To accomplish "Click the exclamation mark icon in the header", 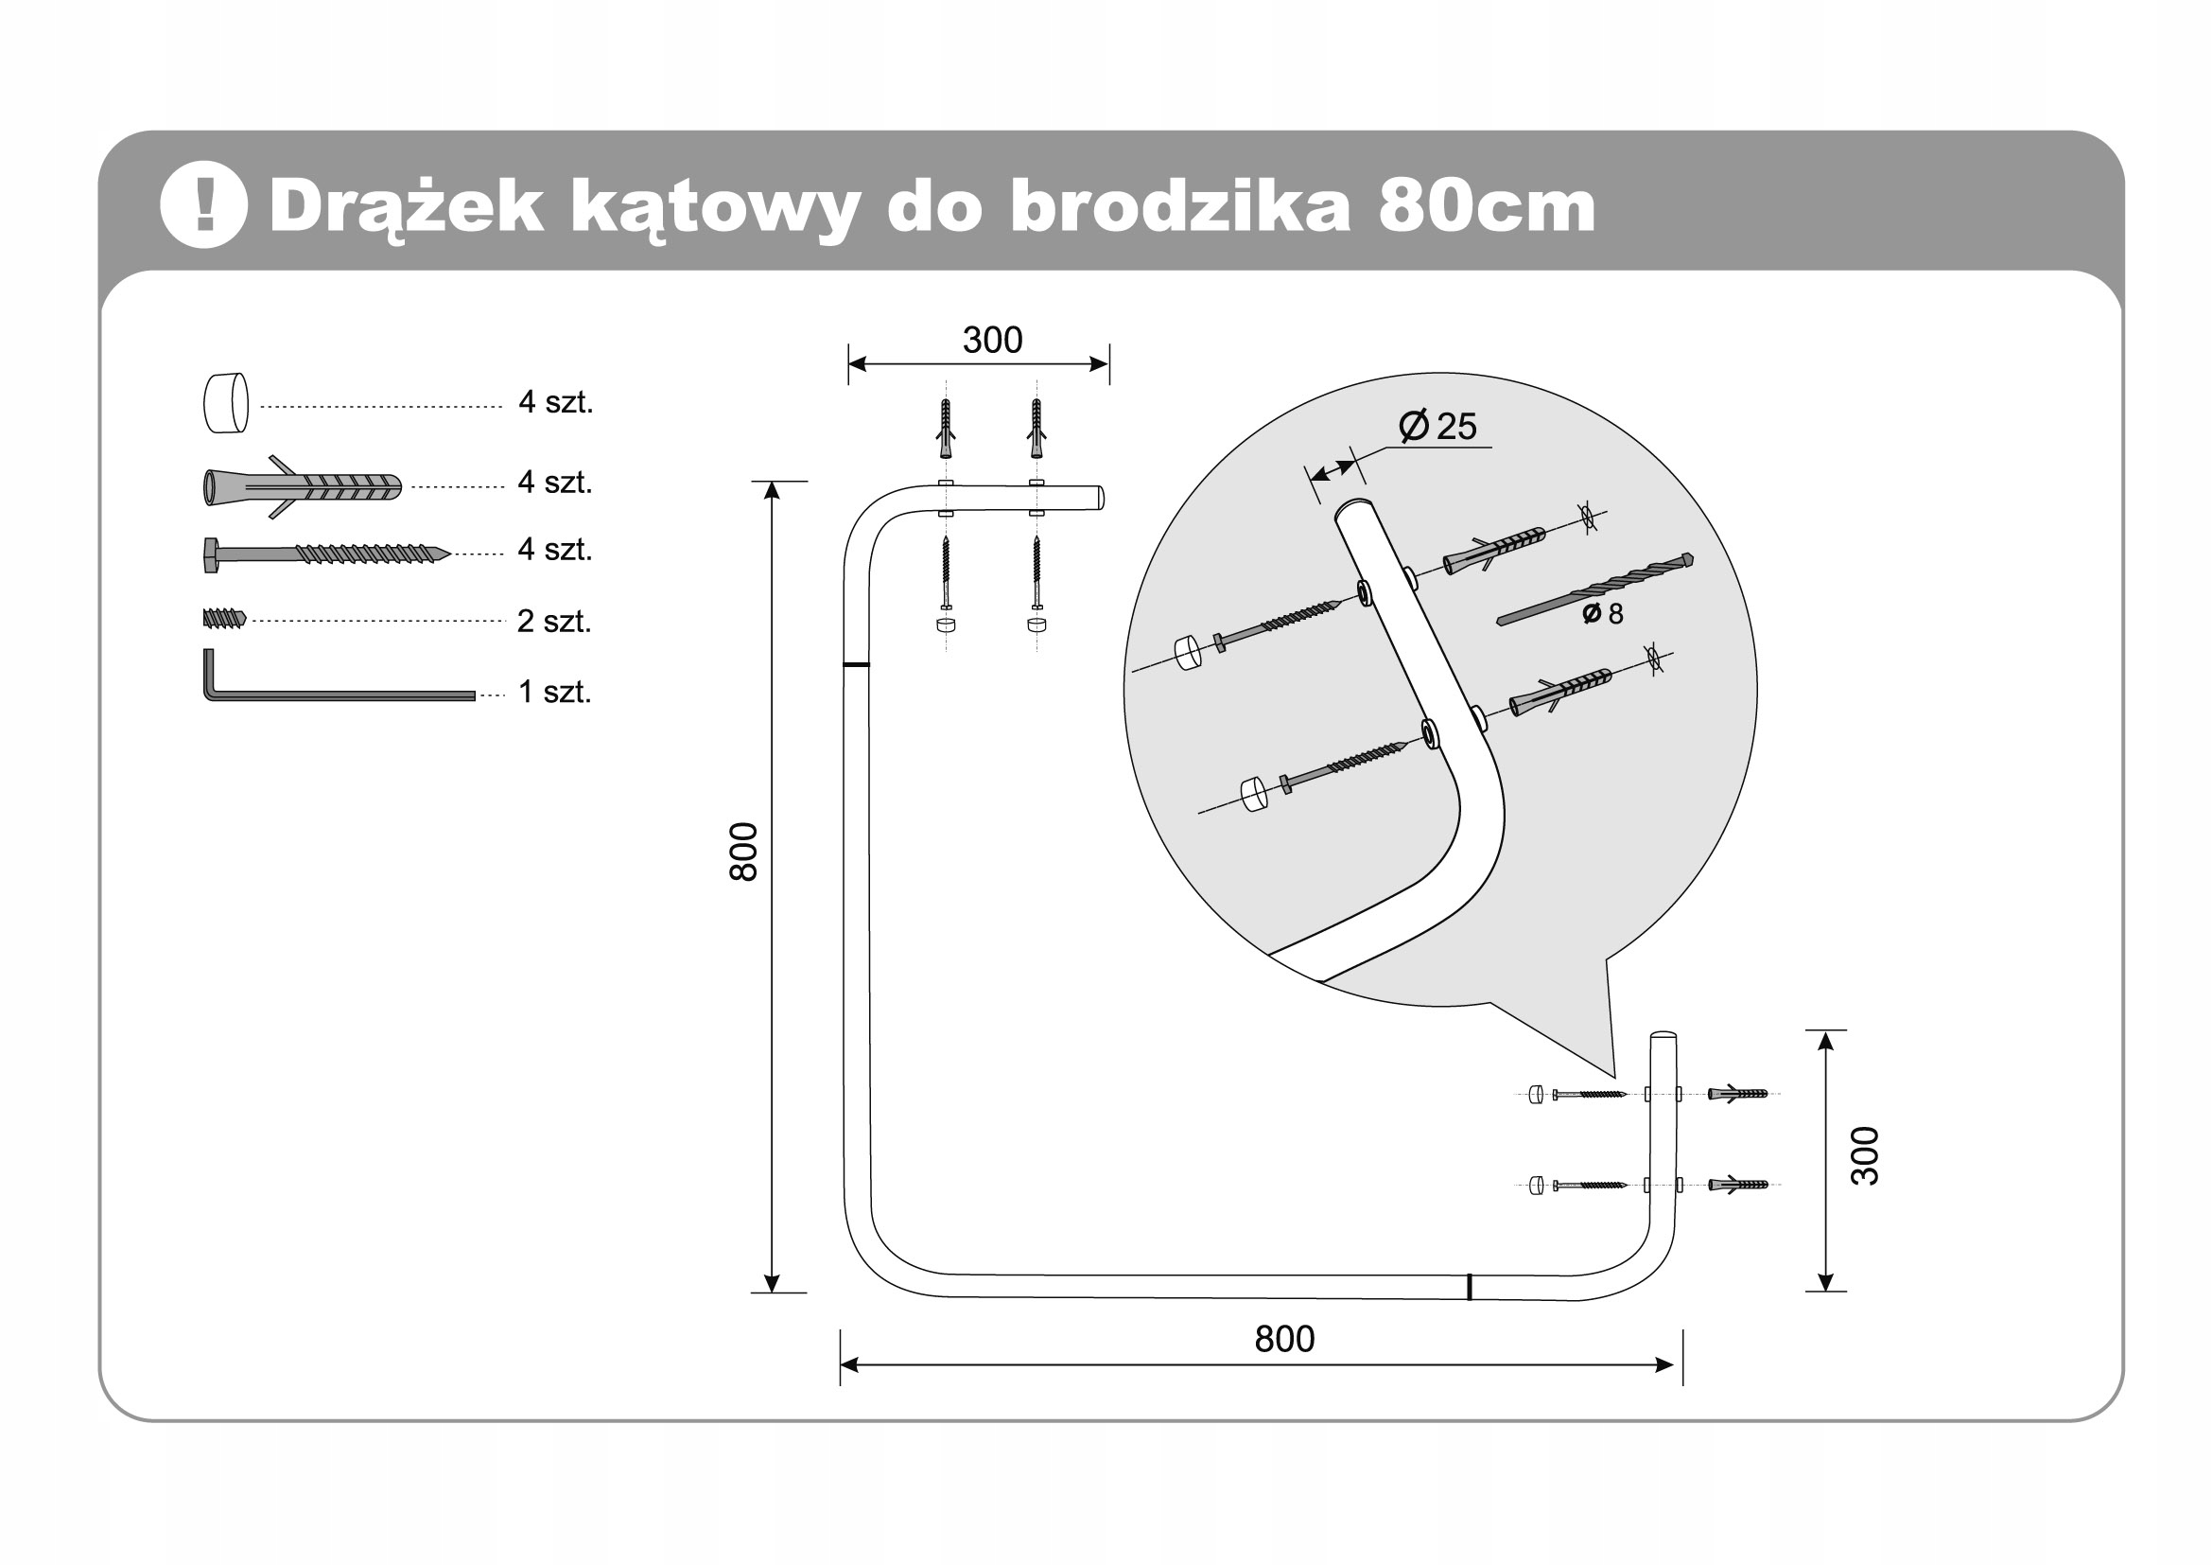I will point(203,205).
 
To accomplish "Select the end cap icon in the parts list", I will point(226,403).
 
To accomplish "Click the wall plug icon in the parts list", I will point(301,486).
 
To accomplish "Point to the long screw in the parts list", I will point(325,554).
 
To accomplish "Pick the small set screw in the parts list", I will point(224,618).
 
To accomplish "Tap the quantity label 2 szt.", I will point(554,622).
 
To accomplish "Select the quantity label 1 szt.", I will point(554,692).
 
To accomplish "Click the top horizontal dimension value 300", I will point(992,341).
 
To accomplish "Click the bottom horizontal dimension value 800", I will point(1284,1340).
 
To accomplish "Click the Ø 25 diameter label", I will point(1437,426).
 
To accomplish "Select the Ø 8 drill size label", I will point(1604,613).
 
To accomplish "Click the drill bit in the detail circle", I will point(1594,589).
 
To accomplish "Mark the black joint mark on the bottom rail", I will point(1470,1287).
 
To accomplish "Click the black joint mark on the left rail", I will point(856,665).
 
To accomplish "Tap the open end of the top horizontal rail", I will point(1100,499).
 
